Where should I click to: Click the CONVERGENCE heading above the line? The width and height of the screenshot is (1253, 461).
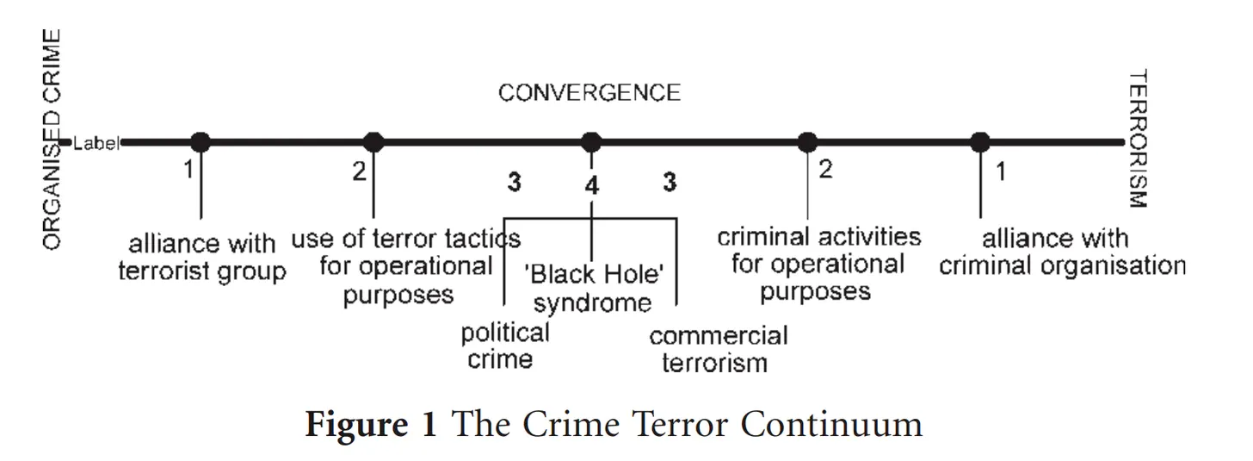click(589, 93)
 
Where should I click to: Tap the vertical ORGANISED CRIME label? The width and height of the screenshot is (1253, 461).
click(52, 140)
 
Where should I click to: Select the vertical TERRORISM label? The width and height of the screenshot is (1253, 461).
click(1139, 140)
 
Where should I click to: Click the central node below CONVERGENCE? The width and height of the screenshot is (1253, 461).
click(590, 142)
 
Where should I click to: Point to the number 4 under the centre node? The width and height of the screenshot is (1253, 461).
click(592, 184)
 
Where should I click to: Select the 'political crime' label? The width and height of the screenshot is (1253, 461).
click(504, 345)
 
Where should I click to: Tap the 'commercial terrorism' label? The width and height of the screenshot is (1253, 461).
click(718, 348)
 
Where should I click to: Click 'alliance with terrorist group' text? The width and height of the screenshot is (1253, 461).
click(202, 258)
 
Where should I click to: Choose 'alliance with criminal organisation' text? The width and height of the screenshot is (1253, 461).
click(1061, 252)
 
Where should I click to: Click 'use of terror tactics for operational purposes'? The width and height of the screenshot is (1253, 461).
click(404, 266)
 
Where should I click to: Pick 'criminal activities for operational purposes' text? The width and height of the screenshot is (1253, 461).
click(818, 264)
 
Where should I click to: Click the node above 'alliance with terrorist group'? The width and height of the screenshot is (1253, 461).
click(201, 142)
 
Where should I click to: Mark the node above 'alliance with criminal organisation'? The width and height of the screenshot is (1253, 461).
click(980, 142)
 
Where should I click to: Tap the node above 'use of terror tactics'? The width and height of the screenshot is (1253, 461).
click(373, 142)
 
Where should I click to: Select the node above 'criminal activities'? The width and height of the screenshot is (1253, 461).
click(807, 142)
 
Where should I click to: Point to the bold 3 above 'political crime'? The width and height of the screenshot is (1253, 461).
click(514, 183)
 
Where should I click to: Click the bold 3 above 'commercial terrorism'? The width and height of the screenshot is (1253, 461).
click(670, 183)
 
